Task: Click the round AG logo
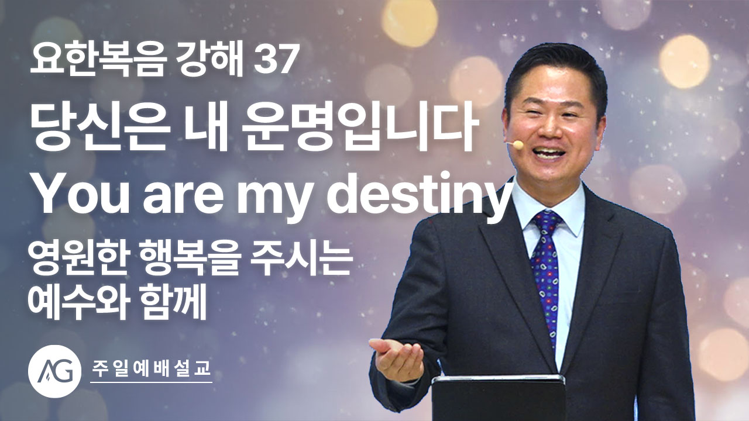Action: point(55,371)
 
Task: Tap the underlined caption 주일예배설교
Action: point(152,368)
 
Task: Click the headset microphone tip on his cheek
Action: point(518,144)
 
